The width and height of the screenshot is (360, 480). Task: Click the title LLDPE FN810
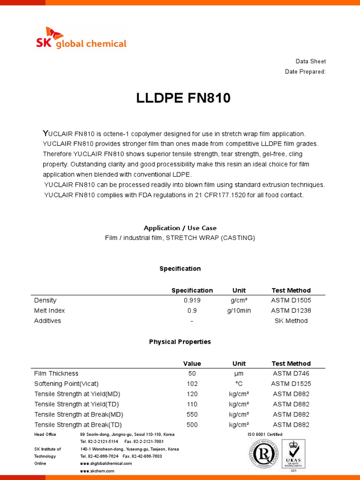[183, 98]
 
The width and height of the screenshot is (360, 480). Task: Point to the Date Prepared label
[305, 72]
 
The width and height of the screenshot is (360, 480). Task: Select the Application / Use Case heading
[180, 228]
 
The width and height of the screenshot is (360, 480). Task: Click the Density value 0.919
[192, 300]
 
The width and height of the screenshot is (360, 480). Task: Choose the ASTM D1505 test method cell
[291, 300]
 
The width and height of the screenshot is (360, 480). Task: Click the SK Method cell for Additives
[291, 321]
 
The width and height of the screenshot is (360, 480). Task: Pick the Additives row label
[47, 321]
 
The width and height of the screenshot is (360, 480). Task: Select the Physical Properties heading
[180, 342]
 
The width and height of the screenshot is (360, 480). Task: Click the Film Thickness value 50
[192, 374]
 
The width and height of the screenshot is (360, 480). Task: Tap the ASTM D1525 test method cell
[291, 384]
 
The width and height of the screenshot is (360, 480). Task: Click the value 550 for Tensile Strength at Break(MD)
[192, 415]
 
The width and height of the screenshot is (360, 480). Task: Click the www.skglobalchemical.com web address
[106, 464]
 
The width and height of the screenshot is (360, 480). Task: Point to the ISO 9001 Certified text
[265, 435]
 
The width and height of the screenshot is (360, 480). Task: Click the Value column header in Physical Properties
[192, 364]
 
